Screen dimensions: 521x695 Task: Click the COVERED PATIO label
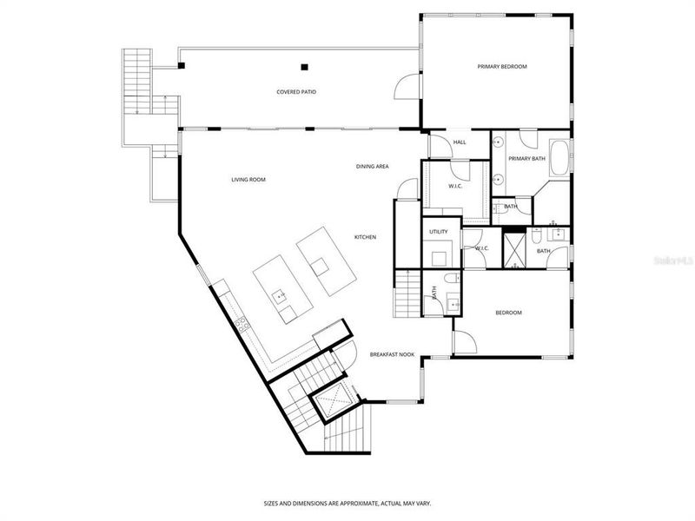click(x=295, y=91)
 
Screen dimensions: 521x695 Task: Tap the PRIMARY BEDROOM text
click(x=502, y=67)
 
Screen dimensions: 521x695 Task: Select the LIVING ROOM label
click(x=248, y=180)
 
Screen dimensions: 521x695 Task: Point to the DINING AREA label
click(x=372, y=166)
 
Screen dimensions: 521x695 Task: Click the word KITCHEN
click(x=365, y=236)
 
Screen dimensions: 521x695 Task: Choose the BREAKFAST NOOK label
click(x=392, y=354)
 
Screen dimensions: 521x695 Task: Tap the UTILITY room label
click(x=439, y=232)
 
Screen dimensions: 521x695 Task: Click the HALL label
click(x=460, y=142)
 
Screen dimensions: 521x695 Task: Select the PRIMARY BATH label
click(x=526, y=158)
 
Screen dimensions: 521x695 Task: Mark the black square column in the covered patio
click(x=304, y=66)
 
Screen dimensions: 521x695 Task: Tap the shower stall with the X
click(x=518, y=250)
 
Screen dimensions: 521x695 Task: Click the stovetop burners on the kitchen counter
click(x=241, y=325)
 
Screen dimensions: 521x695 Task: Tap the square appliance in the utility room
click(x=437, y=256)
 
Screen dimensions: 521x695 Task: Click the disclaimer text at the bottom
click(x=347, y=503)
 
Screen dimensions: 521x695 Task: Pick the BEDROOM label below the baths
click(x=508, y=313)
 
